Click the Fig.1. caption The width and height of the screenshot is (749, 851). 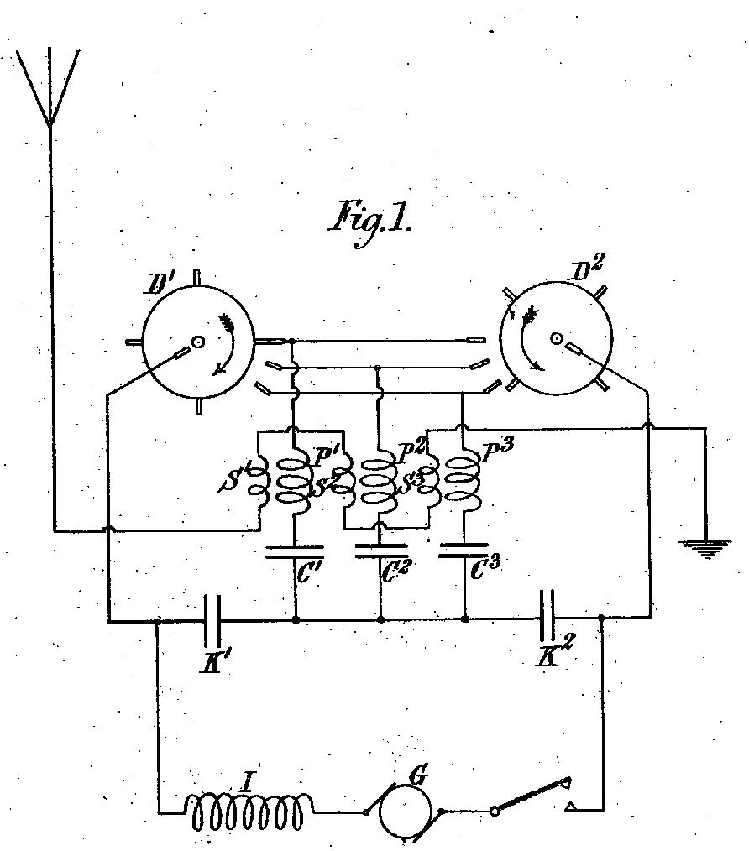(x=370, y=222)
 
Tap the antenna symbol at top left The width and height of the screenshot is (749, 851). (x=50, y=86)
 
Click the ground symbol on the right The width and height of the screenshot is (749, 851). (x=706, y=549)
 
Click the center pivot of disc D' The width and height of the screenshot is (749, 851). (x=197, y=342)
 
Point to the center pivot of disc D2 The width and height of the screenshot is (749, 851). (x=556, y=339)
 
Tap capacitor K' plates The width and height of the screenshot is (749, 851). (x=212, y=619)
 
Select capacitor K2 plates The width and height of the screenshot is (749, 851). (x=547, y=615)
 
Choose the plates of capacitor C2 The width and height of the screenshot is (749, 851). (x=380, y=551)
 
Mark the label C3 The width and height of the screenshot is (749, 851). (x=484, y=569)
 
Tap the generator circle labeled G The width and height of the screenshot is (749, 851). (x=406, y=812)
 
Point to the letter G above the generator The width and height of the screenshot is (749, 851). (x=418, y=776)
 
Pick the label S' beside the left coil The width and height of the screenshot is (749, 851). (x=234, y=478)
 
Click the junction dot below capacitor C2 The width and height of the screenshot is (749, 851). (x=380, y=619)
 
